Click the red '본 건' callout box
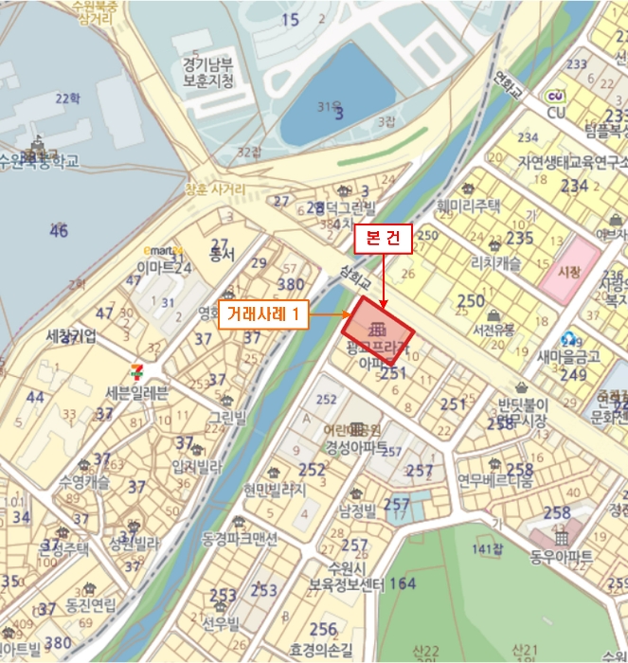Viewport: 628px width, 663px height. coord(383,240)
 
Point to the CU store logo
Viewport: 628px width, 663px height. coord(557,97)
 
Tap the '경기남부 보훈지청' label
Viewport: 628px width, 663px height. coord(208,72)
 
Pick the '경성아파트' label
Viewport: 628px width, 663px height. coord(357,447)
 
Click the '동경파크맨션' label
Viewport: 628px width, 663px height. coord(240,539)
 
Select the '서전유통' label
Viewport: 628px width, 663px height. coord(493,331)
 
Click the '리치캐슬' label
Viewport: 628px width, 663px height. coord(495,264)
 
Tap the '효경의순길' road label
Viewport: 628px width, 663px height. coord(321,651)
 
